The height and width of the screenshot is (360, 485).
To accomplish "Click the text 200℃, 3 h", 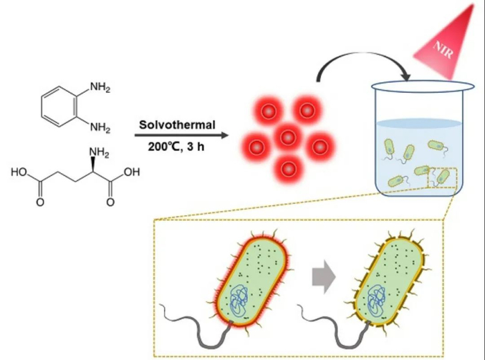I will pyautogui.click(x=176, y=147).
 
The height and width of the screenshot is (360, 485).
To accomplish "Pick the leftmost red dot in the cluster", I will pyautogui.click(x=256, y=146).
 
